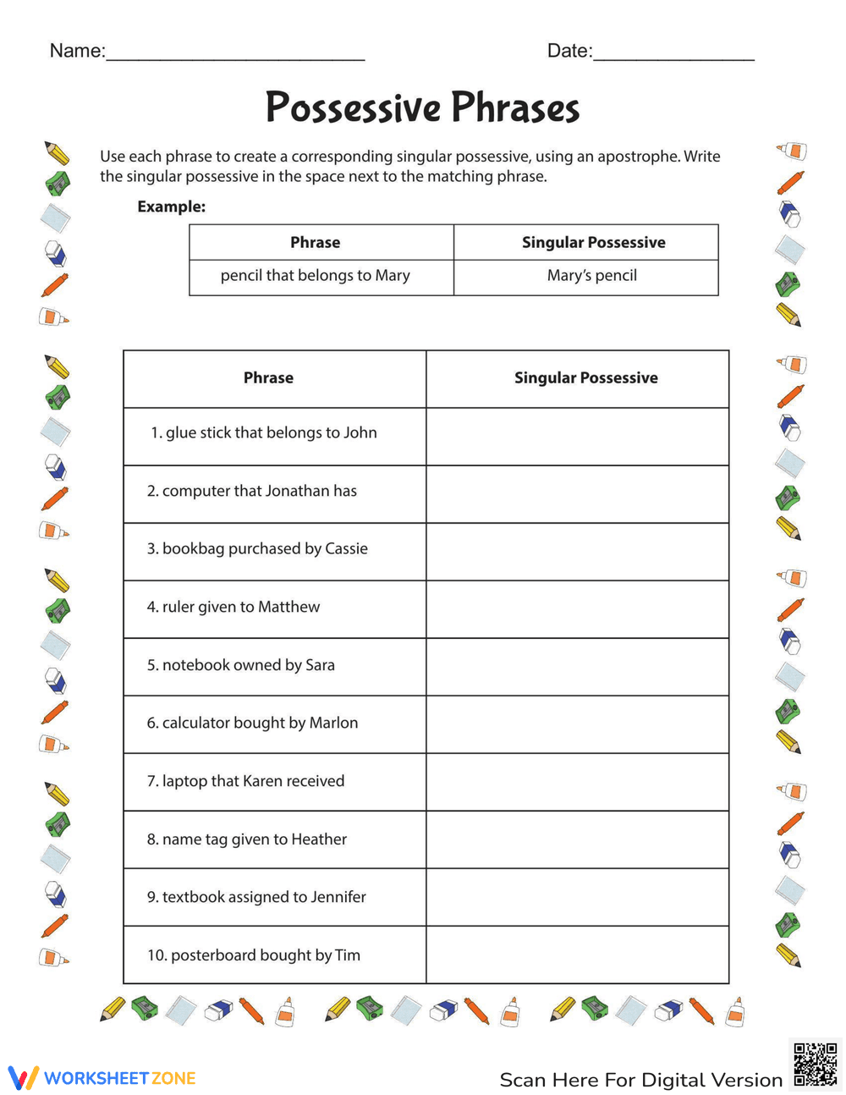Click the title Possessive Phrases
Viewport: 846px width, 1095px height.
click(422, 108)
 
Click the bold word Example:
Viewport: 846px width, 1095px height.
click(171, 206)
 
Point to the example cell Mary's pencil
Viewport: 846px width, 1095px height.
click(591, 276)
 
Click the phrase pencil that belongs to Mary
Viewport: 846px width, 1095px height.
click(315, 276)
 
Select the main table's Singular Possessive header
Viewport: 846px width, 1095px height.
click(585, 378)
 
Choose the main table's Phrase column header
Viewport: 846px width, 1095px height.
click(268, 378)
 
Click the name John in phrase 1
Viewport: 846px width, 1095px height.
click(360, 433)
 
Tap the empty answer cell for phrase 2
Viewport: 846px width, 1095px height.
click(577, 494)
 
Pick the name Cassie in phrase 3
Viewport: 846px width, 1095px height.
click(346, 549)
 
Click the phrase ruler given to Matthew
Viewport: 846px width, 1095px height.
click(233, 607)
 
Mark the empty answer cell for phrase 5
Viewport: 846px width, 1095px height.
click(577, 667)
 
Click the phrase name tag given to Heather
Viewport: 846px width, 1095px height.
click(247, 839)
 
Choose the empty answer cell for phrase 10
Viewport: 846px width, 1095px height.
click(577, 955)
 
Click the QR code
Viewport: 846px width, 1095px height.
click(815, 1065)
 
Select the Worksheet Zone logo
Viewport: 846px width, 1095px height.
click(102, 1078)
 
